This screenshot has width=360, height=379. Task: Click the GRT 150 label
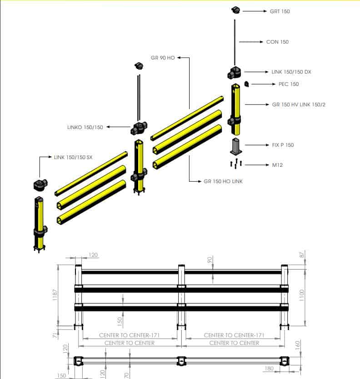(280, 11)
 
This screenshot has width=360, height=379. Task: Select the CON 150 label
(277, 42)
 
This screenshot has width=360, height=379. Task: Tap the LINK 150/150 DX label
(291, 72)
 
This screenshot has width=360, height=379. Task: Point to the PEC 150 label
(289, 84)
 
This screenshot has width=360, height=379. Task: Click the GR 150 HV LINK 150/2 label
(299, 105)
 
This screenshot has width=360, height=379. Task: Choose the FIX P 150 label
(283, 145)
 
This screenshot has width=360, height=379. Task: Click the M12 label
(277, 165)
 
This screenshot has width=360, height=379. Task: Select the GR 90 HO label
(163, 58)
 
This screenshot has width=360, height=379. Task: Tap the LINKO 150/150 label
(85, 127)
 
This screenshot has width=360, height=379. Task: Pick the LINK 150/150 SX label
(73, 157)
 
